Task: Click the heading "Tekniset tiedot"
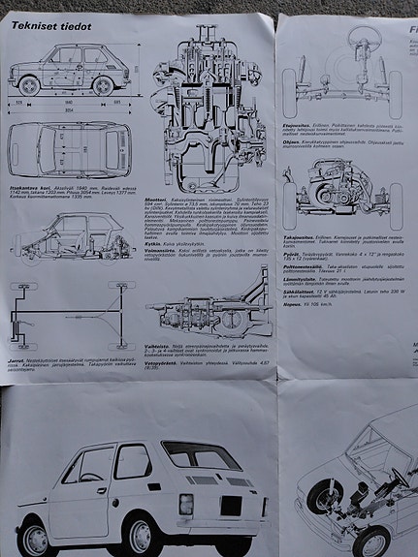50,26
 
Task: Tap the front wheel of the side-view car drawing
31,85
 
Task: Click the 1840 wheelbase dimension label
67,100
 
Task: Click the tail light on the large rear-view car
185,505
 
